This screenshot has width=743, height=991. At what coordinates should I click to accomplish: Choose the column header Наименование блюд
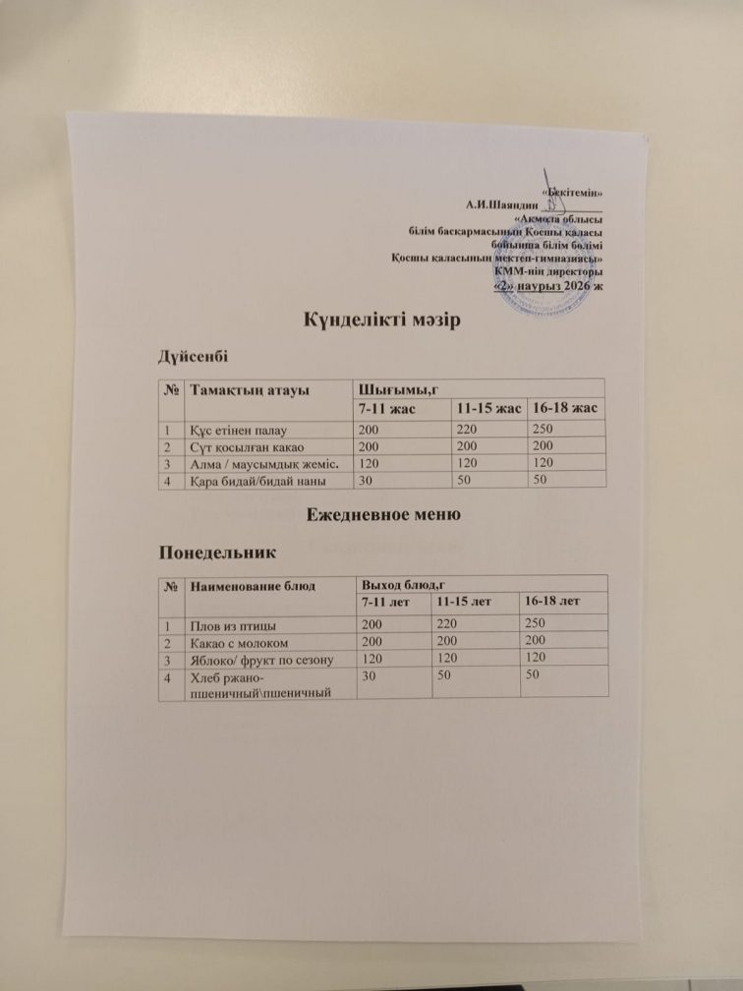pos(245,586)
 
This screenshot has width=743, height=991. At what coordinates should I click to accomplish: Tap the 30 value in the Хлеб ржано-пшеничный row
pos(370,676)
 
